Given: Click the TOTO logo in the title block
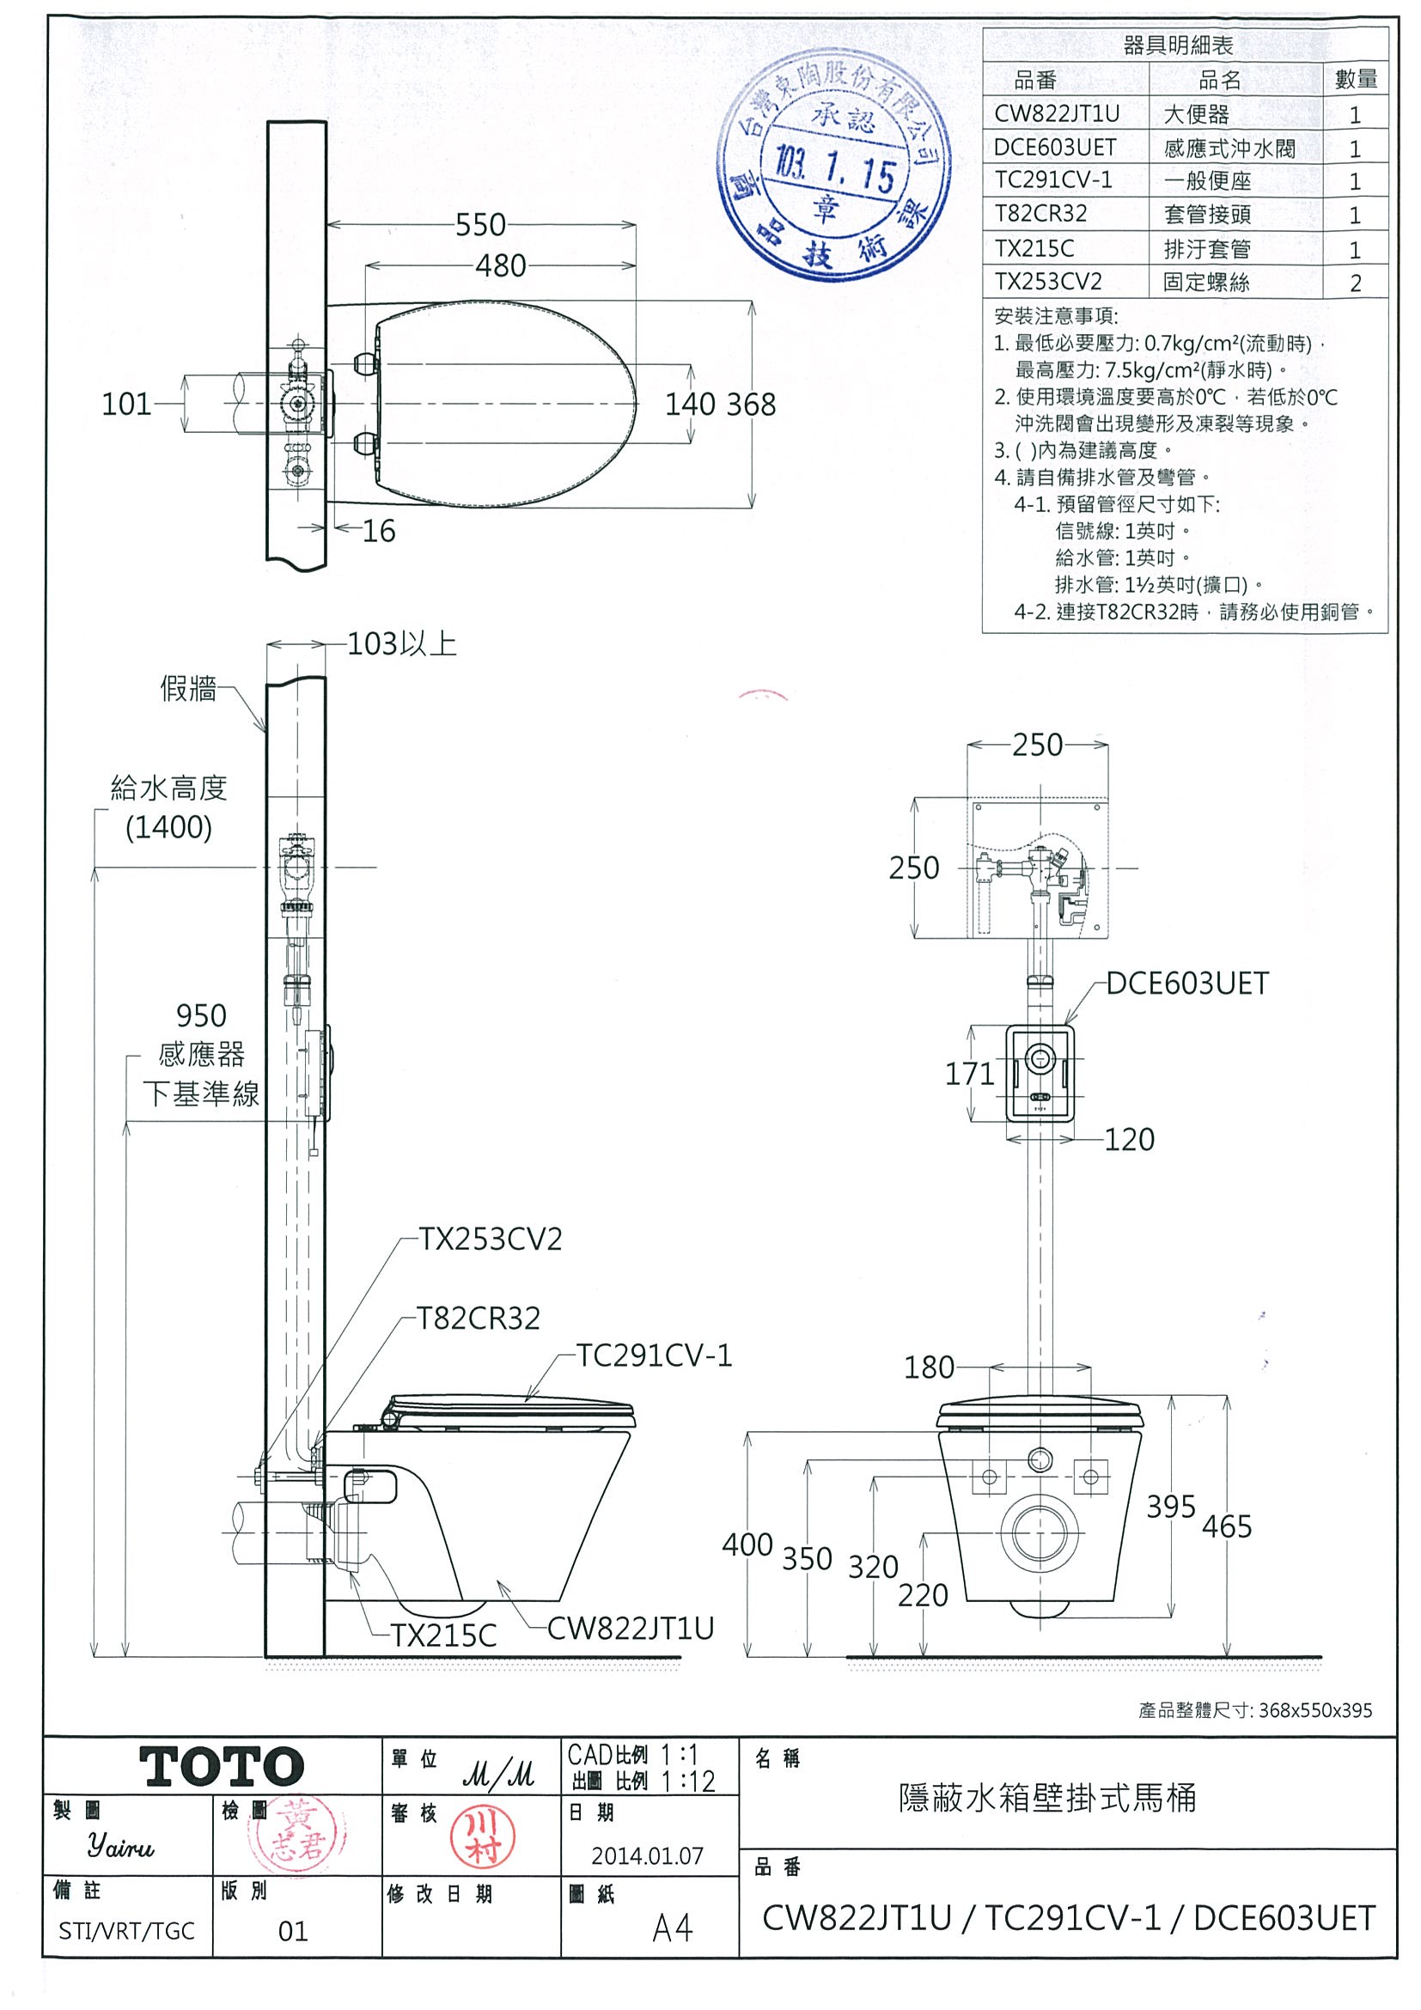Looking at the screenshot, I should tap(222, 1766).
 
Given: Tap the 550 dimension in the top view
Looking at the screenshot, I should tap(479, 225).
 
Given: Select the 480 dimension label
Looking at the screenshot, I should tap(500, 265).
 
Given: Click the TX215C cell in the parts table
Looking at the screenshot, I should tap(1034, 248).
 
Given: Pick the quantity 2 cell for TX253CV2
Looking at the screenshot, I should tap(1355, 283).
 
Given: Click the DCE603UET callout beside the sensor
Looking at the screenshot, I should tap(1186, 984).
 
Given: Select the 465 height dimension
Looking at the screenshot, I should tap(1227, 1526).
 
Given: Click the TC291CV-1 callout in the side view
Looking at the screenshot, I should tap(653, 1356).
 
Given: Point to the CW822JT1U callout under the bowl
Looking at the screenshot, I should tap(631, 1629).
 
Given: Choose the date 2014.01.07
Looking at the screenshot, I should tap(647, 1856).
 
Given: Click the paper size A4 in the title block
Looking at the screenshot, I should tap(672, 1928).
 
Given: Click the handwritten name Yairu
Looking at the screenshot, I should tap(121, 1847).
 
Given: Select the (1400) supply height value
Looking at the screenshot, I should tap(168, 827).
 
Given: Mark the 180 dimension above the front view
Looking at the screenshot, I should tap(929, 1367).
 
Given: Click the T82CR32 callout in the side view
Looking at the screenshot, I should tap(478, 1319).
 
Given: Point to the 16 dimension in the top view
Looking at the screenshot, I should tap(378, 531).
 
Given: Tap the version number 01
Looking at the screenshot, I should tap(292, 1931).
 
